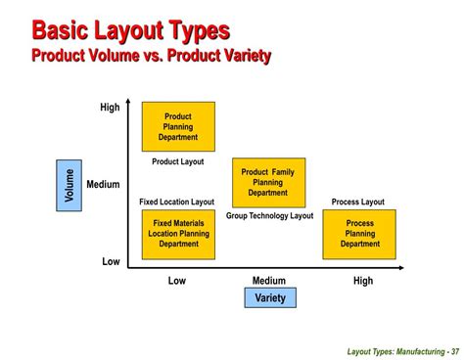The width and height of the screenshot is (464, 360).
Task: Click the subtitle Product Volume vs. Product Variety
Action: (x=151, y=55)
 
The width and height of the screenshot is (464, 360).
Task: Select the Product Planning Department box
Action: (x=177, y=126)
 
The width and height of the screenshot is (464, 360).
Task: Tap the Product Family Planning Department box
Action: (x=267, y=182)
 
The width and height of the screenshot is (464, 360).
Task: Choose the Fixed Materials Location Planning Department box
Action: (x=177, y=234)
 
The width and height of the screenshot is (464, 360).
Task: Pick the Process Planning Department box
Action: (x=359, y=234)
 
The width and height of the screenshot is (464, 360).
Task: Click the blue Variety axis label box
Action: (x=269, y=297)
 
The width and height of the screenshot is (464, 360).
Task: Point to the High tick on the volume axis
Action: (x=110, y=108)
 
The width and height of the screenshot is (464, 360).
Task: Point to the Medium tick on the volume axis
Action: (x=103, y=184)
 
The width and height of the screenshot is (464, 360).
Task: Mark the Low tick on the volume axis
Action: (x=111, y=262)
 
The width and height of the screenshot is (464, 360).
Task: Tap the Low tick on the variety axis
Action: (x=176, y=281)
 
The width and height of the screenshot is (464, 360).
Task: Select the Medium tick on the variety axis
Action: (x=268, y=281)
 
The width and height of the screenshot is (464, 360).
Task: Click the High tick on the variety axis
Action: (x=362, y=281)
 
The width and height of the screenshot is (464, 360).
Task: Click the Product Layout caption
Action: (x=177, y=161)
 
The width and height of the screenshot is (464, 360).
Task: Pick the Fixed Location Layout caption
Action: (x=176, y=202)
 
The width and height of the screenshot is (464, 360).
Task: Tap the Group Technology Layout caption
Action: (x=269, y=215)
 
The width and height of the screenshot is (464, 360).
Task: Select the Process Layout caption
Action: (x=357, y=202)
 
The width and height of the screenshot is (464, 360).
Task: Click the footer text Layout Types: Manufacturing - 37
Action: (x=401, y=351)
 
